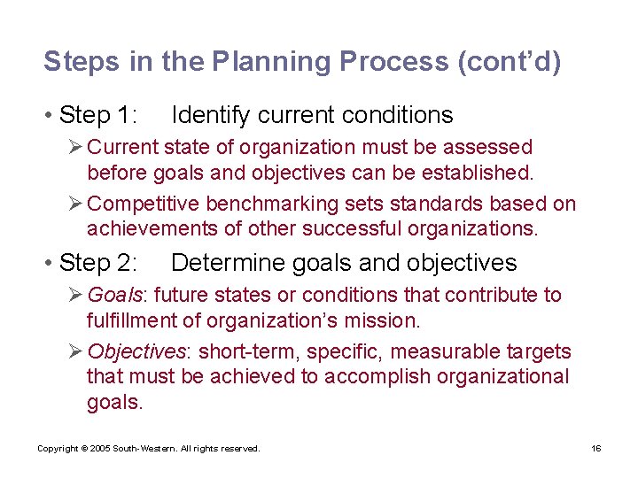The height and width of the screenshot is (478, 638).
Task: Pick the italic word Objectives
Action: pyautogui.click(x=137, y=351)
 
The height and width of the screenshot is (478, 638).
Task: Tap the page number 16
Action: pyautogui.click(x=596, y=449)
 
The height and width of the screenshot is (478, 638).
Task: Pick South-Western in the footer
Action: pyautogui.click(x=142, y=449)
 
